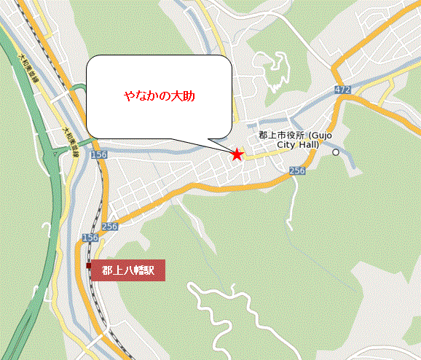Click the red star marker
[237, 154]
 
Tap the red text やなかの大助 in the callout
[160, 96]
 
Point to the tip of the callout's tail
[232, 152]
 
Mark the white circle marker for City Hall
[336, 152]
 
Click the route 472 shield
[343, 89]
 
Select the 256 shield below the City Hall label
[296, 170]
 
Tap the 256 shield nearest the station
[110, 227]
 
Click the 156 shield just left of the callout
[98, 155]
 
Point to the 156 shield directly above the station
[90, 238]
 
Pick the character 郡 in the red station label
[107, 270]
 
